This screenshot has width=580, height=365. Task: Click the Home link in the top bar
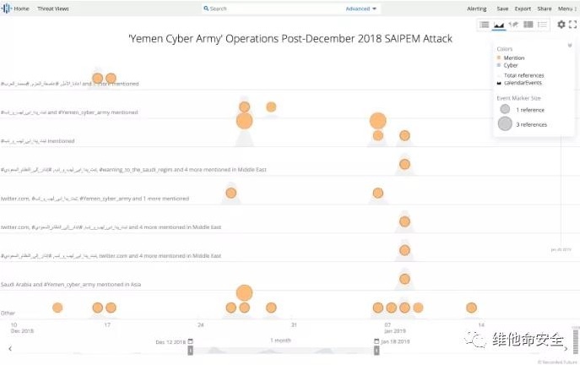tap(20, 8)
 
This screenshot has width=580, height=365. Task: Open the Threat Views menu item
tap(53, 8)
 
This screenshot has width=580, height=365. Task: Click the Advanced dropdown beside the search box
tap(361, 8)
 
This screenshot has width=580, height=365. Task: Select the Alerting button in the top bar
tap(476, 8)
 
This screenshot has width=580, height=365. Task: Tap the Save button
tap(502, 8)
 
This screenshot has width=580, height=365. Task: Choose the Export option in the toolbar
tap(523, 8)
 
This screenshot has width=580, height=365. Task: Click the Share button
tap(545, 8)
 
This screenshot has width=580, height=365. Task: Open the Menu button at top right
tap(566, 8)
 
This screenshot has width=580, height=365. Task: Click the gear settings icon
tap(561, 25)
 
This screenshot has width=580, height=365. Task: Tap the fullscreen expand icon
tap(573, 25)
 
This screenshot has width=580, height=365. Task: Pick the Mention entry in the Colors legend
tap(513, 57)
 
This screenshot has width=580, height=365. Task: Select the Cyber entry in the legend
tap(511, 64)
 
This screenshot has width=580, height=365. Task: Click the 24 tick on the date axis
tap(201, 324)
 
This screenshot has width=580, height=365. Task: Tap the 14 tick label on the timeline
tap(481, 324)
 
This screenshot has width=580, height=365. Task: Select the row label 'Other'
tap(8, 313)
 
